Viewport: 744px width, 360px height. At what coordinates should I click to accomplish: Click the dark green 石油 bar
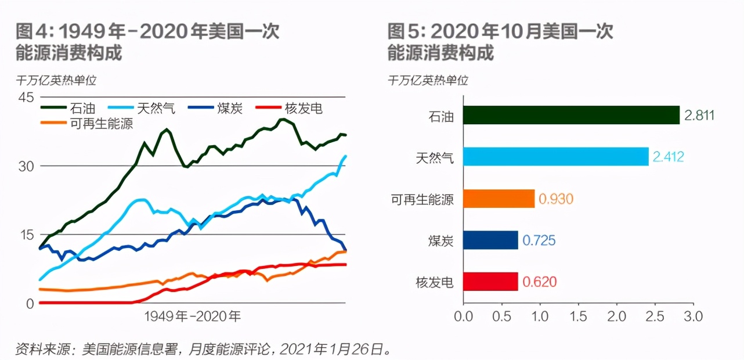pyautogui.click(x=571, y=115)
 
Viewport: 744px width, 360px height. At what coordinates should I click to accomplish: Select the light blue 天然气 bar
pyautogui.click(x=555, y=156)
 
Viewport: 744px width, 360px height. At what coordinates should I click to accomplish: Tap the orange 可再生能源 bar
pyautogui.click(x=499, y=199)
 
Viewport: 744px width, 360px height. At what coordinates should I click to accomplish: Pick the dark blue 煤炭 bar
pyautogui.click(x=490, y=240)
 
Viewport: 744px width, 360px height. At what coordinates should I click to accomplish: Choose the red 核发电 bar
pyautogui.click(x=490, y=282)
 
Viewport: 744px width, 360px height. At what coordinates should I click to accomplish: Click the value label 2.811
pyautogui.click(x=699, y=115)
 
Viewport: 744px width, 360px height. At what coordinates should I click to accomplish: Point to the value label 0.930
pyautogui.click(x=556, y=199)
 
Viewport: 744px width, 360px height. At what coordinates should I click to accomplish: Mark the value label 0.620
pyautogui.click(x=540, y=282)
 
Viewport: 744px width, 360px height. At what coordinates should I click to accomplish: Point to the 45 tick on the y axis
pyautogui.click(x=27, y=97)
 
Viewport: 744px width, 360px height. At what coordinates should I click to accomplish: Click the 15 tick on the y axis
pyautogui.click(x=27, y=235)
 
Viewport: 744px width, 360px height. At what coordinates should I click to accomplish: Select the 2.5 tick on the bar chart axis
pyautogui.click(x=655, y=316)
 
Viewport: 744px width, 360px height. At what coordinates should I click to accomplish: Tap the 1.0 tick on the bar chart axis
pyautogui.click(x=540, y=316)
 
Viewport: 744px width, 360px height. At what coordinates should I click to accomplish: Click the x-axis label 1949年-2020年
pyautogui.click(x=192, y=316)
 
